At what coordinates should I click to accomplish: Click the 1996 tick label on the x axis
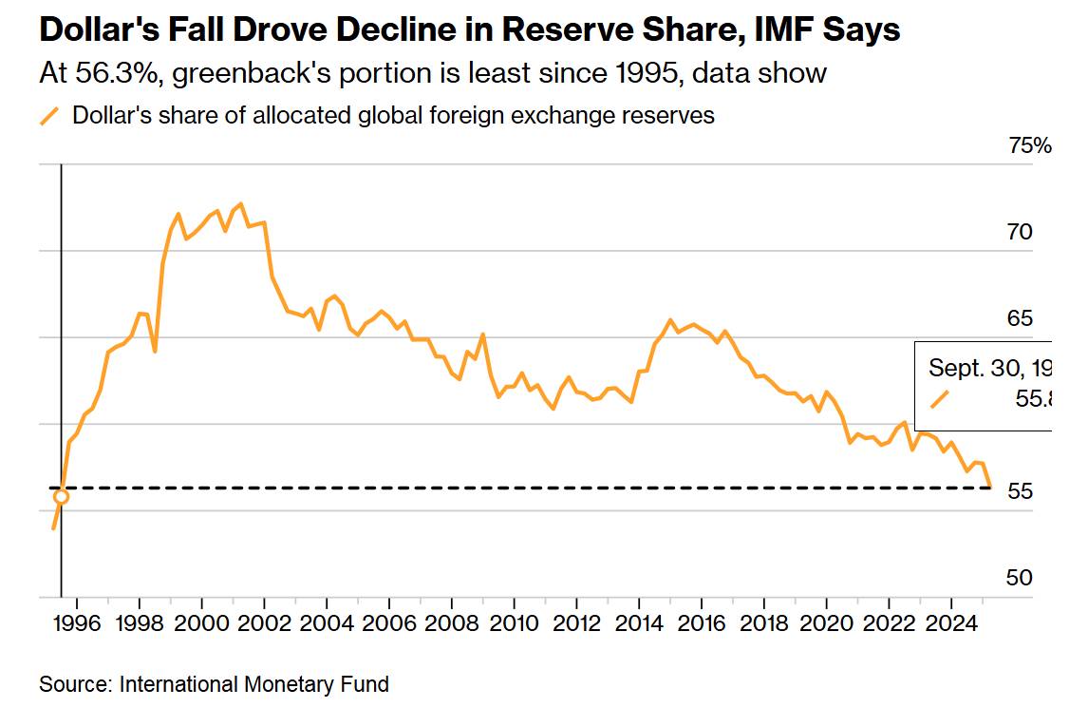(77, 626)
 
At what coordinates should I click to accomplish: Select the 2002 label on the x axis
(264, 626)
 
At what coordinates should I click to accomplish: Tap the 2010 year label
(514, 626)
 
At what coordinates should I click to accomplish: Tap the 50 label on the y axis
(1019, 578)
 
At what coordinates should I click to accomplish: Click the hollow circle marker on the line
(62, 496)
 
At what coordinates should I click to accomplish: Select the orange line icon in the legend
(49, 117)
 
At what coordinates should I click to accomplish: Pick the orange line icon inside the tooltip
(940, 400)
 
